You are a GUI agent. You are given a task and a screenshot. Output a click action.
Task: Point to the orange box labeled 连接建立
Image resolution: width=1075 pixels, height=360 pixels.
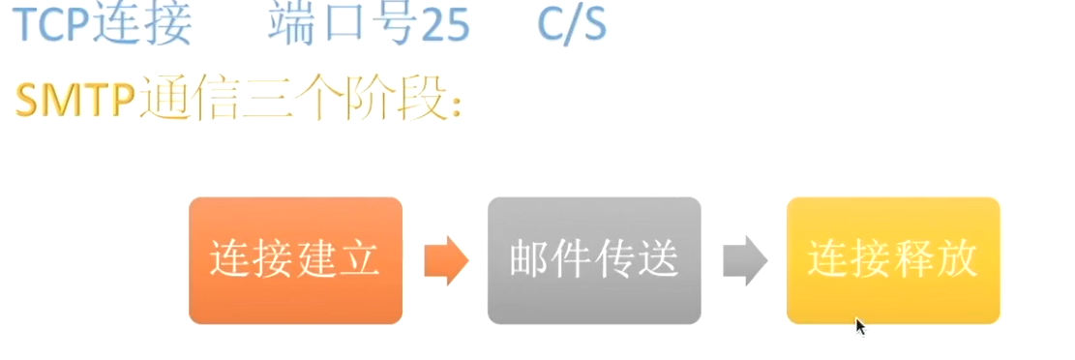point(295,260)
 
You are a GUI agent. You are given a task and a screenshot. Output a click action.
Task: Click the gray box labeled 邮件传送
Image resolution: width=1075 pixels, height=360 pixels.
point(594,260)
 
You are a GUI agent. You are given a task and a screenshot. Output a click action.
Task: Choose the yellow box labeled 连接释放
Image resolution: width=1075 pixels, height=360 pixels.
point(893,260)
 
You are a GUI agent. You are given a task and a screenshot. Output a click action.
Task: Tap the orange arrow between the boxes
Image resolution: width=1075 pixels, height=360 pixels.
point(446,260)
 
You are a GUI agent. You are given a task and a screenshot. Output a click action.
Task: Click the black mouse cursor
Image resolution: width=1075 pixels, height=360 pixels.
point(859,325)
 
